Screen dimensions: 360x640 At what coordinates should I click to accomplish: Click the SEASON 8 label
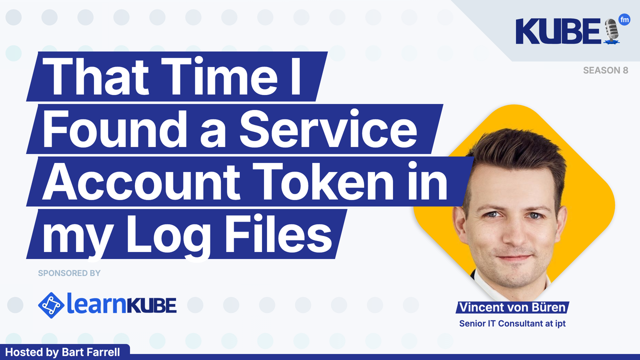605,70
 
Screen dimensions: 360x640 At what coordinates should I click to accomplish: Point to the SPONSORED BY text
69,273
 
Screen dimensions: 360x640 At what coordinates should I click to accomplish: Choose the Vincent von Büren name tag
512,307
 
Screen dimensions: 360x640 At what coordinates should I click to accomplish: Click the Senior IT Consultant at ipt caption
512,323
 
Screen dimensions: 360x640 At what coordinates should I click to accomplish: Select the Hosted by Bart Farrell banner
62,352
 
